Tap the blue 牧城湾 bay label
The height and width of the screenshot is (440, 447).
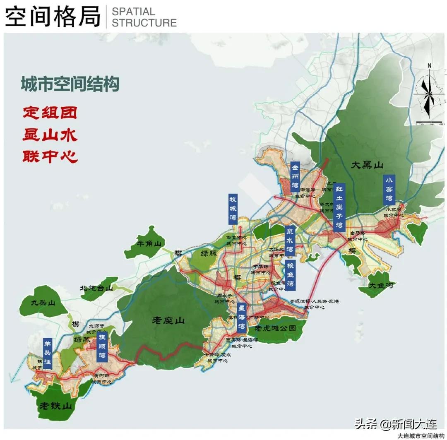233,209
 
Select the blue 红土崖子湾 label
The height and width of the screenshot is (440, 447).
339,207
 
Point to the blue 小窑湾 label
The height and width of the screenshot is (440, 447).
389,190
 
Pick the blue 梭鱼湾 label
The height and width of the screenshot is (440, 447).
290,274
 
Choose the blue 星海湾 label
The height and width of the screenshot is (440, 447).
242,317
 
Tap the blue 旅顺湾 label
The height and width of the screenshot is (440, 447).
101,347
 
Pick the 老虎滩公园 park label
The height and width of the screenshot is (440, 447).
275,328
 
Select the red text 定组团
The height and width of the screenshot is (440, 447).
50,112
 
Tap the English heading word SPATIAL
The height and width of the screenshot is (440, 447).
133,12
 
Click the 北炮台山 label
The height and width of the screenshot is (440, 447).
96,288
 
